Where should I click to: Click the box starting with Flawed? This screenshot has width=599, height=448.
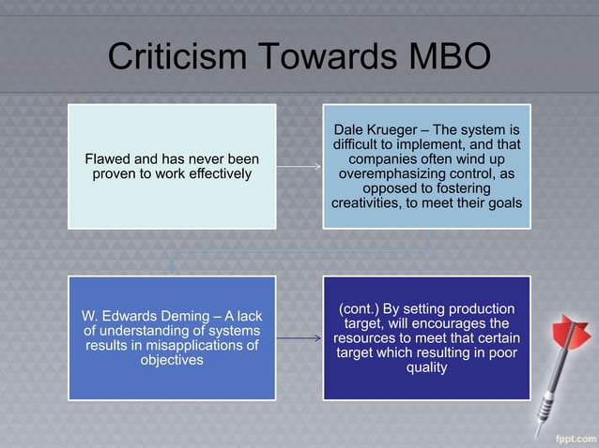pos(172,166)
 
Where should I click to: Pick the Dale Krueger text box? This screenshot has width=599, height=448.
pos(426,166)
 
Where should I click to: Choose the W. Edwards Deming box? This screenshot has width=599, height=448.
pos(172,337)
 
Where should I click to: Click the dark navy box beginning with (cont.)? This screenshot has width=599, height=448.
pos(426,337)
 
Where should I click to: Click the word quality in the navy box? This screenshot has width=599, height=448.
pos(426,368)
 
